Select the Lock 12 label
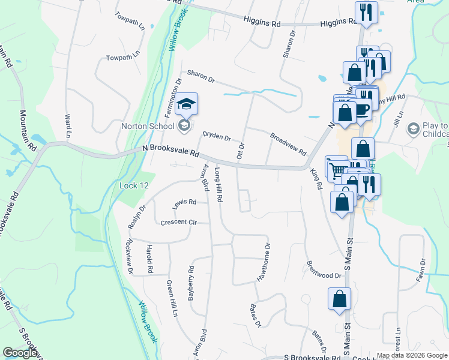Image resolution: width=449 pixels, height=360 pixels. [134, 186]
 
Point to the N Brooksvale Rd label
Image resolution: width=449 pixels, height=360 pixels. [170, 151]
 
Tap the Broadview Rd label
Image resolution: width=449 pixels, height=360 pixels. [288, 144]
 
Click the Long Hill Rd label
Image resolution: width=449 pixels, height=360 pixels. [219, 185]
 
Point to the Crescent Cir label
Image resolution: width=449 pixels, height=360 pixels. [178, 222]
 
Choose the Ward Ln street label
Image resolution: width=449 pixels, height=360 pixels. [68, 125]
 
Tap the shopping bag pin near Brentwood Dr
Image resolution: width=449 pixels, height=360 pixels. [339, 298]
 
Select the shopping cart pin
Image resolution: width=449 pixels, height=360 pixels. [337, 166]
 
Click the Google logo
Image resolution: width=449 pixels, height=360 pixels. [20, 353]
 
